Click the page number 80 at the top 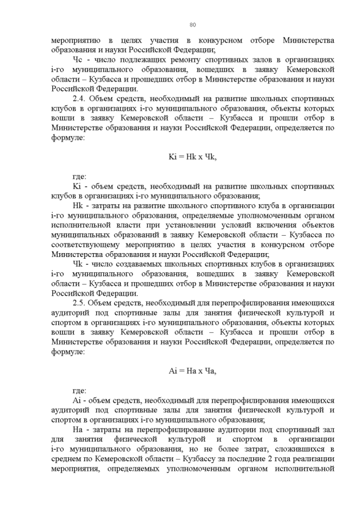tap(192, 25)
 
